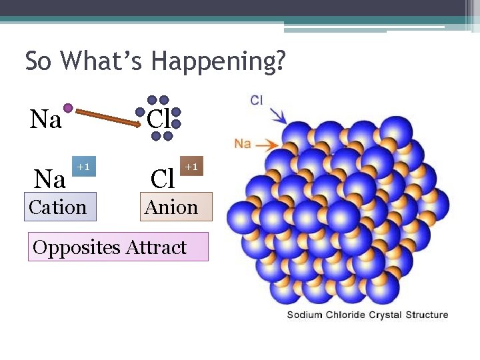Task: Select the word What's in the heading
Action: pyautogui.click(x=102, y=61)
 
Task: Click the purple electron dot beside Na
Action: pyautogui.click(x=68, y=107)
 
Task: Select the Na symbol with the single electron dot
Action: pyautogui.click(x=46, y=120)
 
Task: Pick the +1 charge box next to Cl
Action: pyautogui.click(x=191, y=166)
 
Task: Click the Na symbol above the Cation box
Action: pyautogui.click(x=50, y=179)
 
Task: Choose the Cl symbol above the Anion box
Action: pyautogui.click(x=163, y=179)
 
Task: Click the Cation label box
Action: pyautogui.click(x=58, y=207)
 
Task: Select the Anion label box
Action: pyautogui.click(x=171, y=207)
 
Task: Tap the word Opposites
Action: pyautogui.click(x=77, y=247)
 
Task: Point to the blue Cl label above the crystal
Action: pyautogui.click(x=257, y=101)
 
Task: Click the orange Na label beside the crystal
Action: pyautogui.click(x=243, y=143)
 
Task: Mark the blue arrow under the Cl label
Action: pyautogui.click(x=279, y=116)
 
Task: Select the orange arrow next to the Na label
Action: pyautogui.click(x=267, y=143)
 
